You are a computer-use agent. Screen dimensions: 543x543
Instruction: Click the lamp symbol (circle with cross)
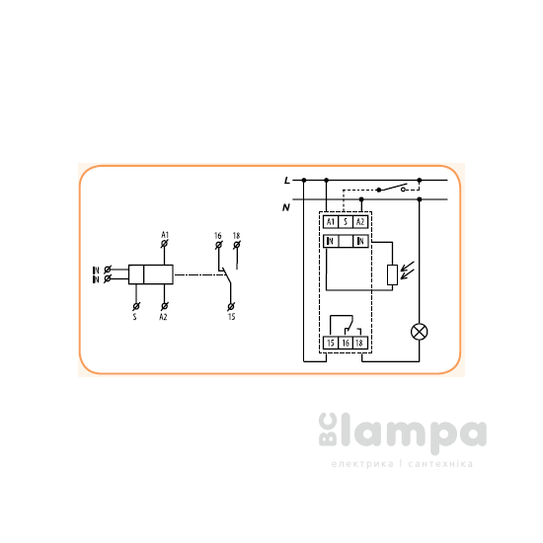click(419, 330)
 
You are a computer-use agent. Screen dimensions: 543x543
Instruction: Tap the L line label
click(286, 181)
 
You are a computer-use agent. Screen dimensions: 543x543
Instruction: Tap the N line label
click(286, 206)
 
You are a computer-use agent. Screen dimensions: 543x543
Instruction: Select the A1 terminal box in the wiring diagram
click(331, 221)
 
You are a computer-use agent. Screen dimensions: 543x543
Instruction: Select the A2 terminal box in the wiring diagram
click(360, 221)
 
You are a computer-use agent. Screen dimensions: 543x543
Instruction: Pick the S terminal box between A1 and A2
click(346, 221)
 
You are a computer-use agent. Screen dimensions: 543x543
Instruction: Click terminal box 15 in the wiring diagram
click(331, 344)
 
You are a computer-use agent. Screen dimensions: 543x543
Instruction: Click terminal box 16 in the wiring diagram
click(346, 344)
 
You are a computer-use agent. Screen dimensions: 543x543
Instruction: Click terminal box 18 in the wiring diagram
click(360, 344)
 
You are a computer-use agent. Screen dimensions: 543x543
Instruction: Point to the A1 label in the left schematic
click(165, 233)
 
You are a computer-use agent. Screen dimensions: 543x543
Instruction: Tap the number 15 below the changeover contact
click(231, 317)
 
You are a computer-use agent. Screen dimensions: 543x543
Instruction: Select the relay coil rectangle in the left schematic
click(152, 273)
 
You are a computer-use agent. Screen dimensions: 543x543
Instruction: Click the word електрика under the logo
click(359, 464)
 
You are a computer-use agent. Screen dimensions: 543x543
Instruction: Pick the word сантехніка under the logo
click(439, 464)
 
